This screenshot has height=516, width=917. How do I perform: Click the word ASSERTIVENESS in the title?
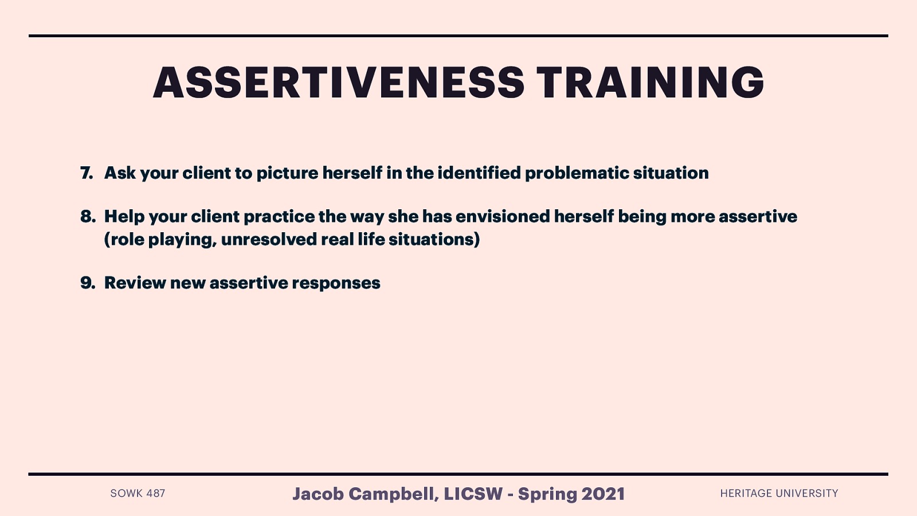click(338, 83)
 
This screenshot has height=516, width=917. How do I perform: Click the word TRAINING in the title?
click(650, 83)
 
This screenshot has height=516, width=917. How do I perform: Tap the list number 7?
click(87, 173)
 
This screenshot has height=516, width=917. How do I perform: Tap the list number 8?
click(87, 216)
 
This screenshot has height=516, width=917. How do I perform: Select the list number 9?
click(87, 283)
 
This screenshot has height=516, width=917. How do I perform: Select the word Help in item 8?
click(124, 217)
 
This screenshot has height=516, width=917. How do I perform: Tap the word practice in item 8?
click(279, 217)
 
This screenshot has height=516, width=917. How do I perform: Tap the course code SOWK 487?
click(138, 494)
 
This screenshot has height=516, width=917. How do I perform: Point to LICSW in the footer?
click(473, 494)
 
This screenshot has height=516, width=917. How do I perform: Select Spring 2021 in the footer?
click(571, 494)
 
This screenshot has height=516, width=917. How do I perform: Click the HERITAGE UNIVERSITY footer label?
click(779, 494)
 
